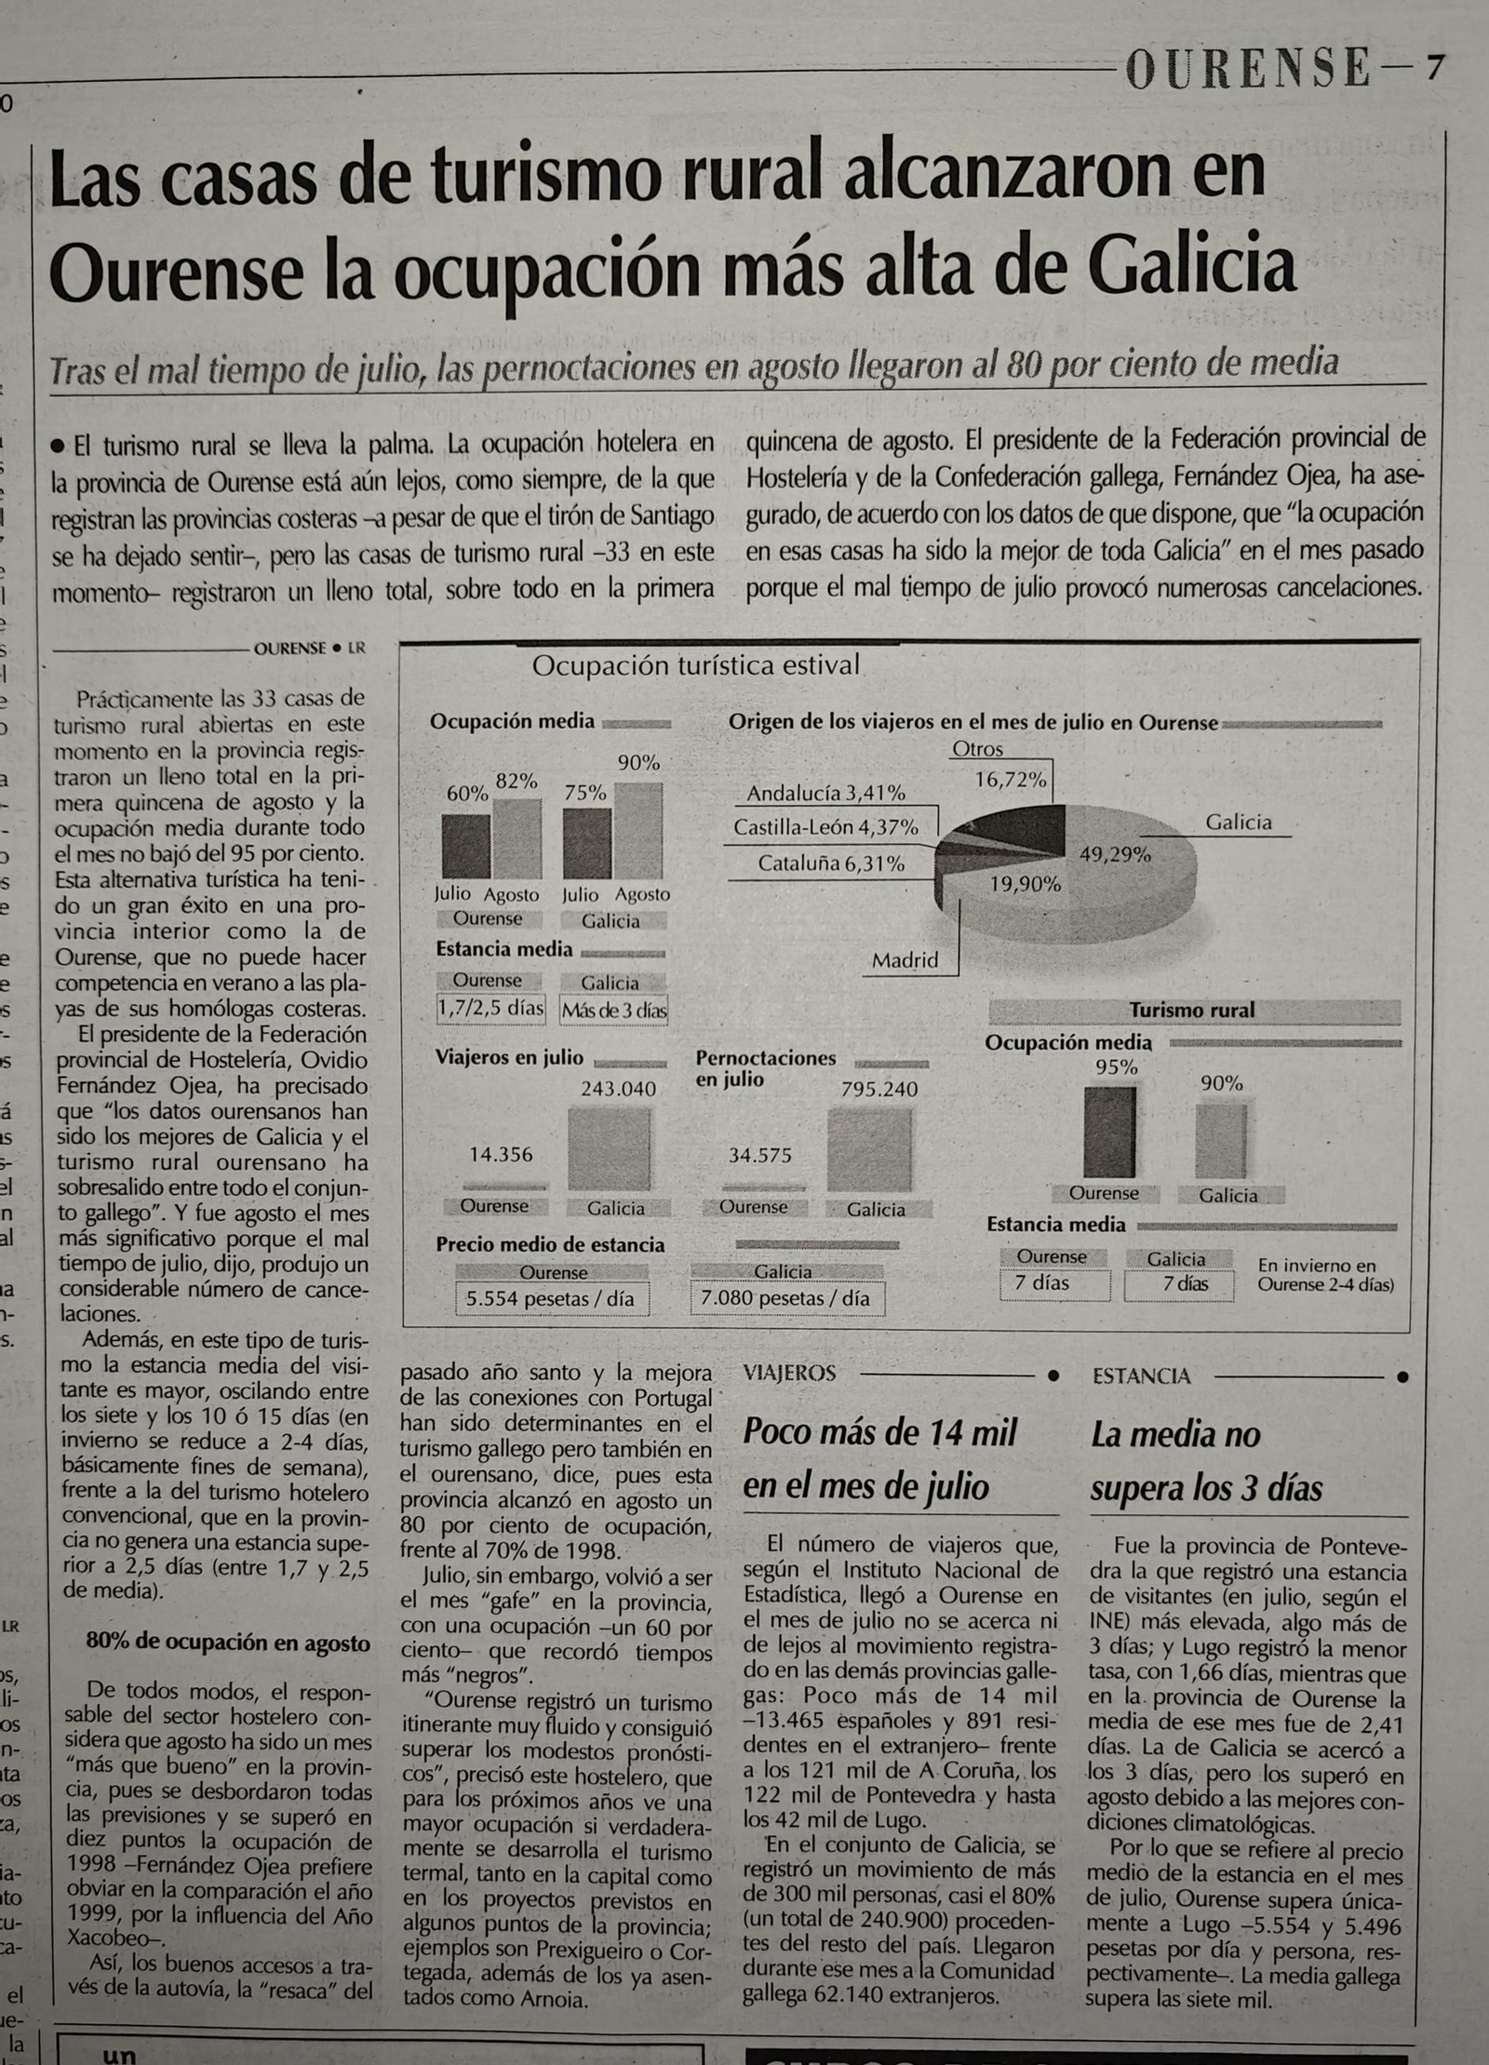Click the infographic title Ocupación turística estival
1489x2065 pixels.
point(695,665)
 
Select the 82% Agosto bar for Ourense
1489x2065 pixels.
point(516,838)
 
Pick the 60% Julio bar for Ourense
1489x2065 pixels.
point(465,846)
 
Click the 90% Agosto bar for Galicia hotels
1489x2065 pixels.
point(638,830)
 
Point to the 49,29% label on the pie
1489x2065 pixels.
point(1114,854)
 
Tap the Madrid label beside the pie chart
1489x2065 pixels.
point(905,960)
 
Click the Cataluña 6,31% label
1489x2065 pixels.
point(830,864)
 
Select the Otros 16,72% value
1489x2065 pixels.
point(1010,780)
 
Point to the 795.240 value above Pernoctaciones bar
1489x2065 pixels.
point(879,1089)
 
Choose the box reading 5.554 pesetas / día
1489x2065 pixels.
point(550,1299)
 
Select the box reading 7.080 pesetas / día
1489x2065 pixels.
point(786,1298)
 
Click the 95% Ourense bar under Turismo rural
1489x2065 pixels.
point(1109,1132)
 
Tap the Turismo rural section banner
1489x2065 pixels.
point(1192,1010)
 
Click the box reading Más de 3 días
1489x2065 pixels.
point(613,1011)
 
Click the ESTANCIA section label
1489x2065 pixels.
point(1141,1376)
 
